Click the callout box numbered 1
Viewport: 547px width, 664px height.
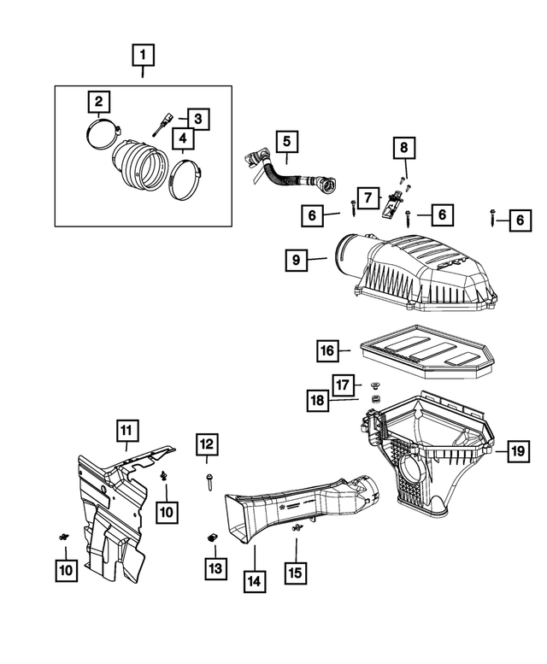(x=143, y=56)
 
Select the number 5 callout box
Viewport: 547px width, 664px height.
(x=286, y=140)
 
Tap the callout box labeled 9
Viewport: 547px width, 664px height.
(x=295, y=260)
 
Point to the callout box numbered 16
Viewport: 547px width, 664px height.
(x=326, y=350)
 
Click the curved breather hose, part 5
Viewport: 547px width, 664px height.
(x=282, y=175)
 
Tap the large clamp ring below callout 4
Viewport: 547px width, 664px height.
(x=189, y=182)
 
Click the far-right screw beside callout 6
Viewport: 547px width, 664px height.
(x=495, y=218)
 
